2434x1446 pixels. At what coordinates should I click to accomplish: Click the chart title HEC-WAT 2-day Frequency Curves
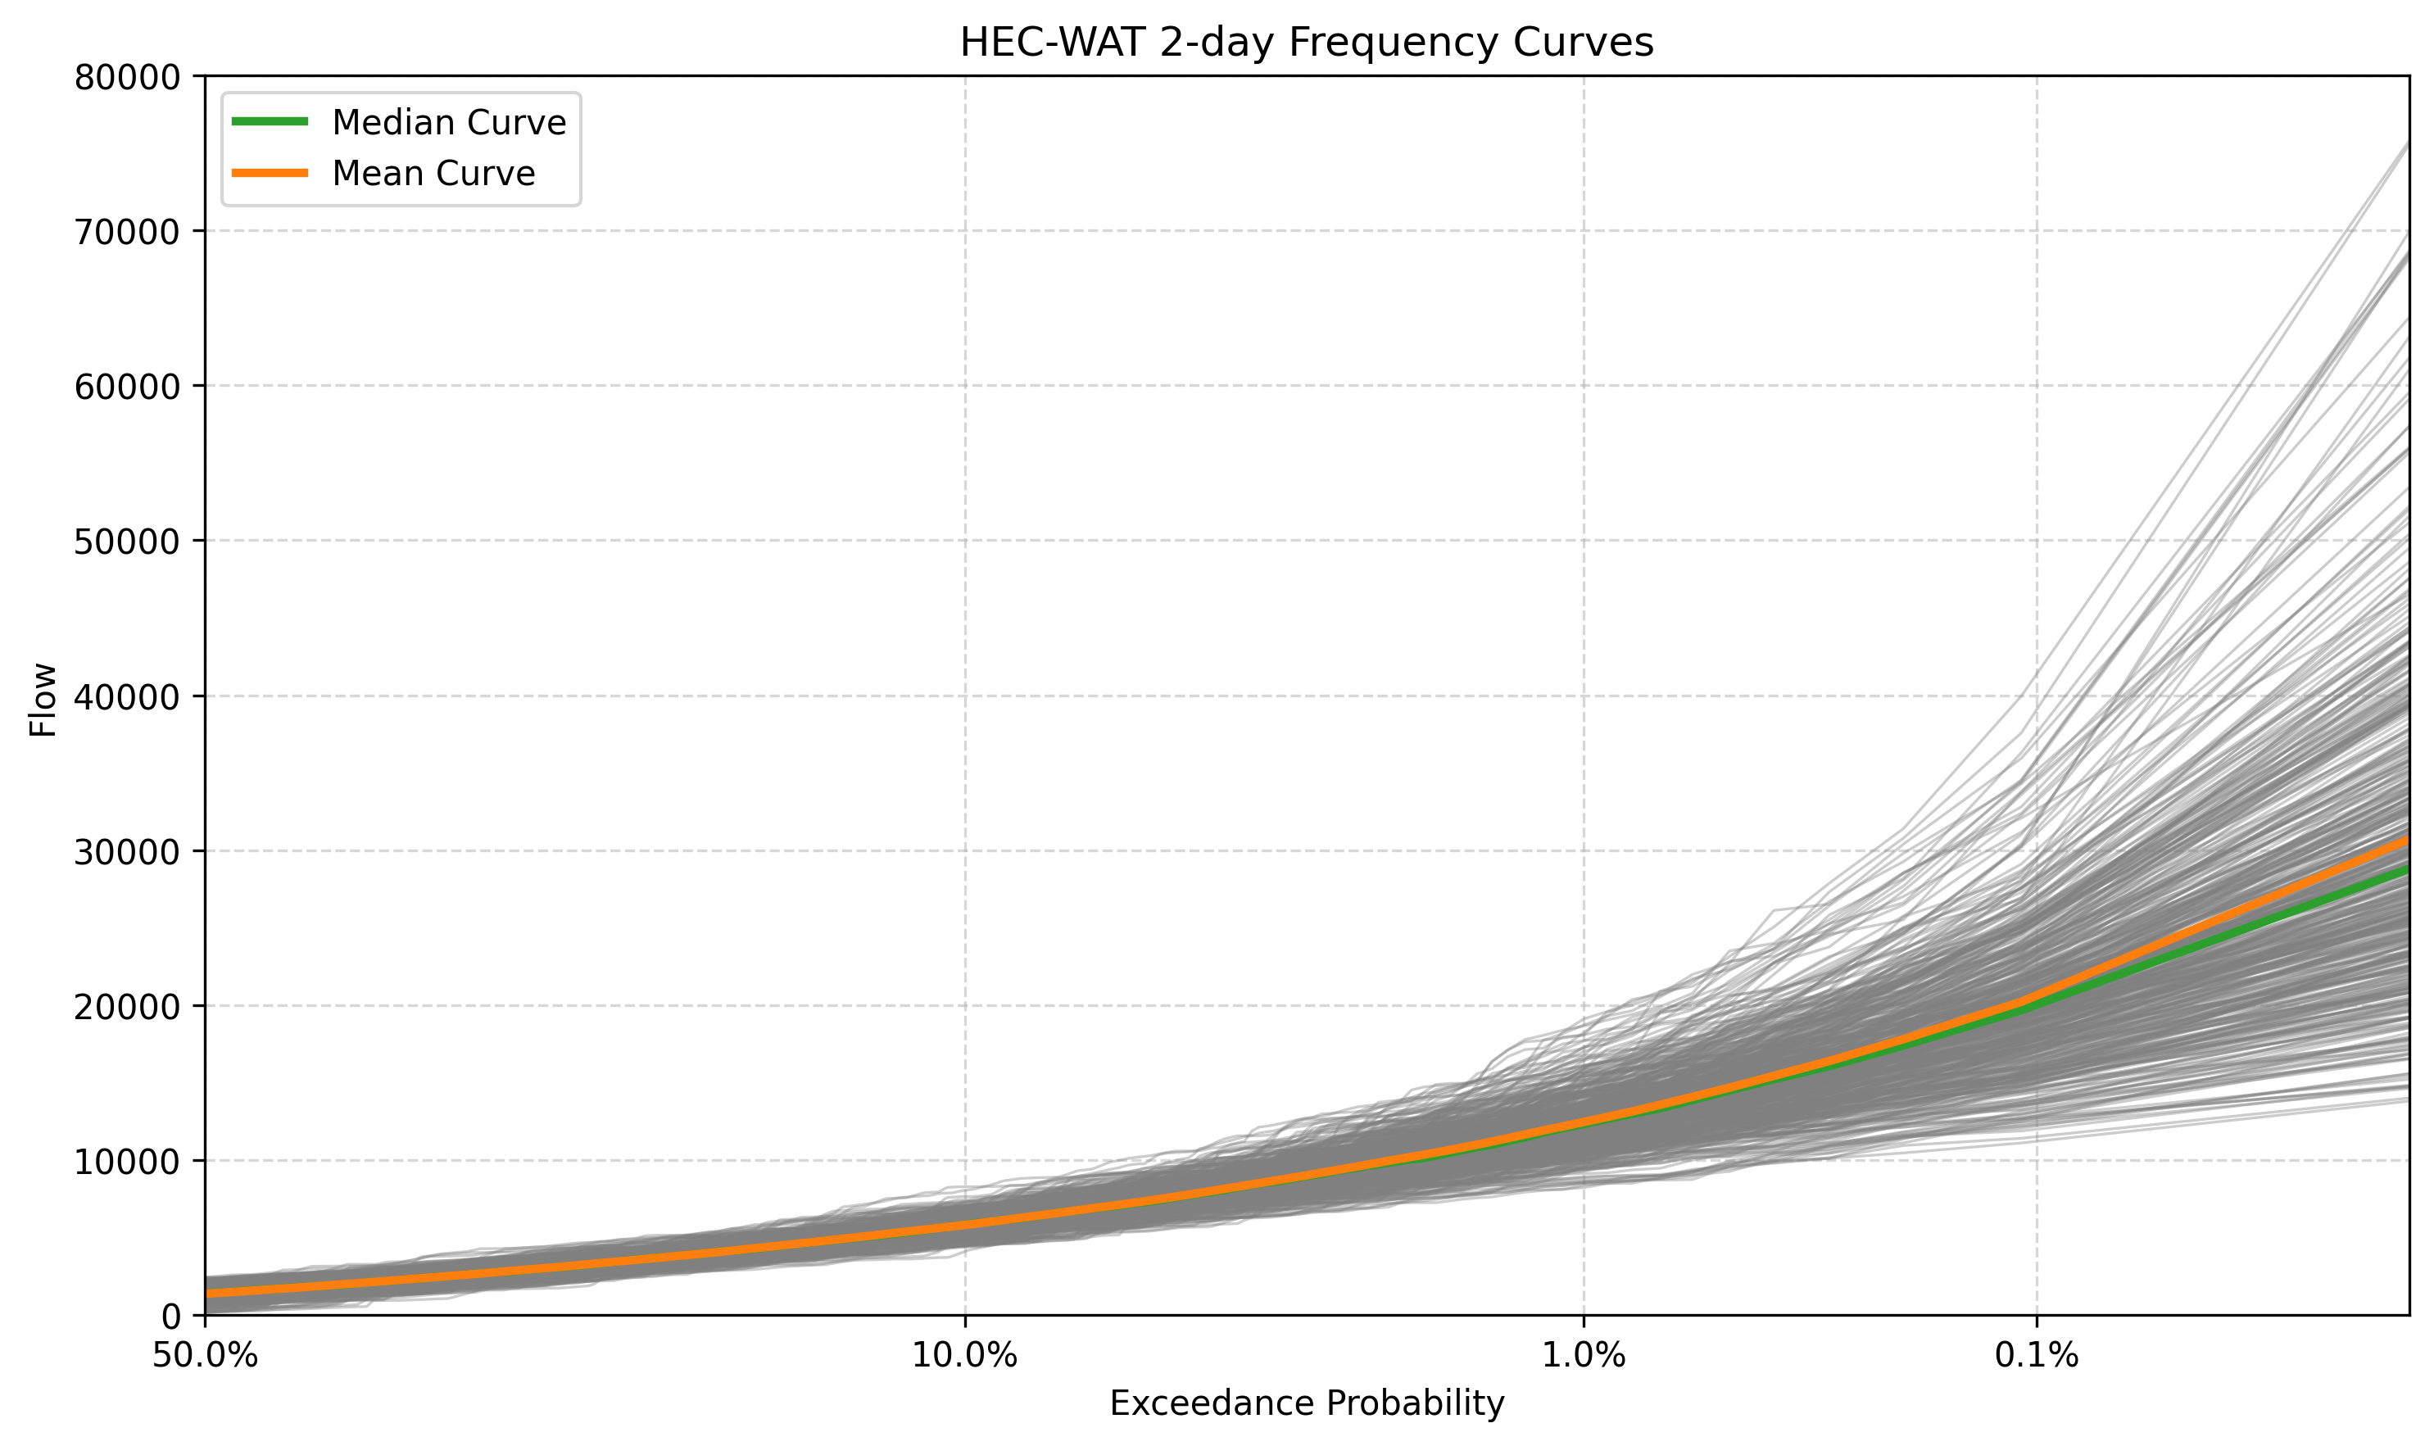click(1306, 43)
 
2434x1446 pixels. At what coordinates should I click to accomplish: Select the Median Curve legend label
click(448, 123)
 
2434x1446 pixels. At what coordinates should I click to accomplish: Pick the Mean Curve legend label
click(433, 174)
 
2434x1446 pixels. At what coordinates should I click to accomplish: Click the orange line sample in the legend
click(270, 174)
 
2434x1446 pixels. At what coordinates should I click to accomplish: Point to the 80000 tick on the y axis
click(127, 77)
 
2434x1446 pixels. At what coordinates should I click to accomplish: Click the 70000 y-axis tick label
click(127, 232)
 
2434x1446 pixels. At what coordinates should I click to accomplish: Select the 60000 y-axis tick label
click(127, 387)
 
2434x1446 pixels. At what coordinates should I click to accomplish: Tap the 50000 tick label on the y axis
click(127, 542)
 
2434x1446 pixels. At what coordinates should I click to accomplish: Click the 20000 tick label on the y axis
click(127, 1007)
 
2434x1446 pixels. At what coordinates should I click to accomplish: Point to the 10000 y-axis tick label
click(127, 1162)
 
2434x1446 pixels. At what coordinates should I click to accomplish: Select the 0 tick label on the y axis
click(170, 1317)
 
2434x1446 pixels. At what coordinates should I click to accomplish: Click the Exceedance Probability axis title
click(1307, 1403)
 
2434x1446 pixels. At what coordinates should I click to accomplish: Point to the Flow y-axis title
click(43, 700)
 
